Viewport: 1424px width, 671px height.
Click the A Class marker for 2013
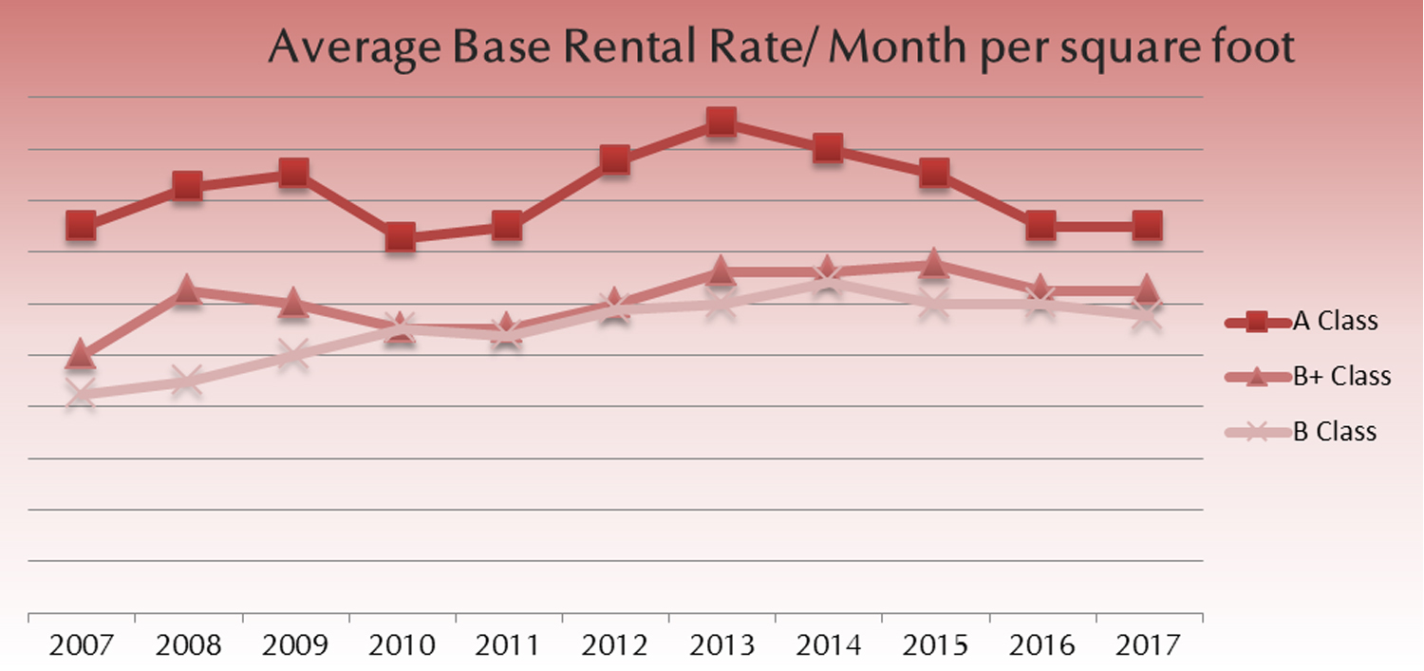tap(721, 121)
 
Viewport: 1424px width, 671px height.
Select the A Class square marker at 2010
tap(401, 237)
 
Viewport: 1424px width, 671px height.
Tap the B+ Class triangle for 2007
tap(81, 355)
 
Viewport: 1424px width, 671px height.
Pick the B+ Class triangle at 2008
tap(187, 290)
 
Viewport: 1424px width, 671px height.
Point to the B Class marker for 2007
tap(81, 394)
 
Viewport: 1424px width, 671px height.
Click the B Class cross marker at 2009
tap(293, 356)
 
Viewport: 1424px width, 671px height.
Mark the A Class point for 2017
tap(1147, 225)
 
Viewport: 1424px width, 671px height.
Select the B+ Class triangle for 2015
tap(934, 264)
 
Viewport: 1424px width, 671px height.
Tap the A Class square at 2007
tap(81, 225)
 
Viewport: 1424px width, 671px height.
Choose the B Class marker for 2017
tap(1147, 315)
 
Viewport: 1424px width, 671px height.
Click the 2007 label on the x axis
tap(82, 645)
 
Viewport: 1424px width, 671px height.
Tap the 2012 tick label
tap(615, 645)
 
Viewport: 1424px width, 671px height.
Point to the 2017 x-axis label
tap(1148, 645)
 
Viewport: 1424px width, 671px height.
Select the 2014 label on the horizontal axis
tap(828, 645)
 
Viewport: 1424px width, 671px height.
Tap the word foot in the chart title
tap(1249, 47)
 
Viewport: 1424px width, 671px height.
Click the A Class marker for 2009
tap(293, 173)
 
